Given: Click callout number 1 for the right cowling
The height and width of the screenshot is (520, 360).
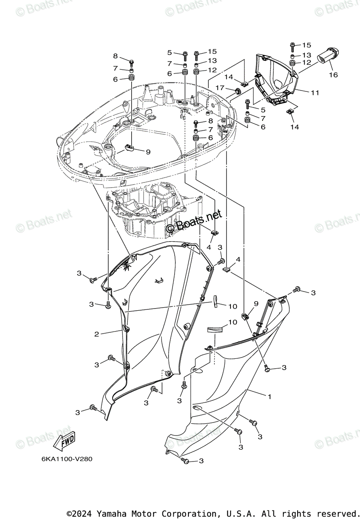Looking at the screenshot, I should coord(269,396).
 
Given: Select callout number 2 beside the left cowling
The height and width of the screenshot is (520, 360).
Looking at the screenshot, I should coord(97,334).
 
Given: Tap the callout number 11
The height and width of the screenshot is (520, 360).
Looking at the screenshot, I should coord(315,92).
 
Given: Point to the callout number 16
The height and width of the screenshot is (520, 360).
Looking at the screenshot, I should coord(333,75).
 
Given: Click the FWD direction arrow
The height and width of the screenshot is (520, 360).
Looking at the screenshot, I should coord(64,441).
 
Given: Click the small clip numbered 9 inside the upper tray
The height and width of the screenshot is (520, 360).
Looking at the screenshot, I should coord(129,148).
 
